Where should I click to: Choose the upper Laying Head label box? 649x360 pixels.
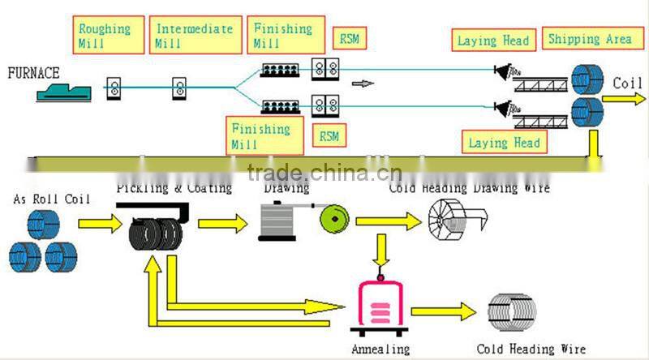point(492,40)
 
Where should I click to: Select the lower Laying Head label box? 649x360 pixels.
point(504,143)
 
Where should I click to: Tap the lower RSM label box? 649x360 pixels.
point(329,136)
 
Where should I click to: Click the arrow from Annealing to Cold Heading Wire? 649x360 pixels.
point(443,311)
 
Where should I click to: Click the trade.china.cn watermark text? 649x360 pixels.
point(324,172)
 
